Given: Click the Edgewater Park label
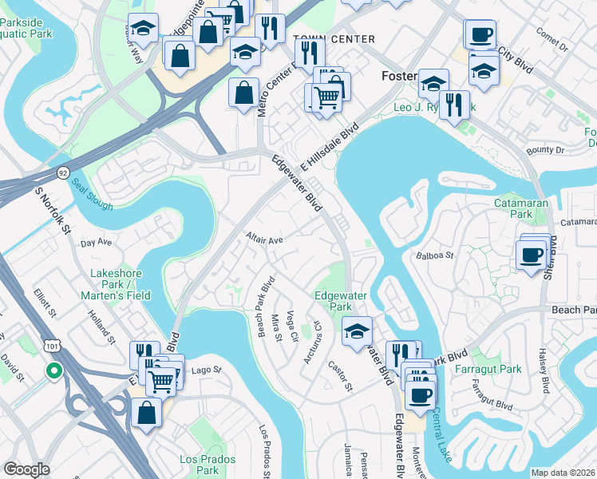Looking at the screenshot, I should (x=340, y=301).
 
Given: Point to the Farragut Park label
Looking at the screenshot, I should (x=488, y=369).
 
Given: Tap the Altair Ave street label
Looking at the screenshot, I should (x=265, y=239).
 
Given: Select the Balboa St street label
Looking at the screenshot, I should (x=434, y=256).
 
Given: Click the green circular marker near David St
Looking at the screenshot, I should (x=53, y=370).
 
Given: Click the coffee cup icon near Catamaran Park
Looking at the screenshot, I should (x=531, y=255).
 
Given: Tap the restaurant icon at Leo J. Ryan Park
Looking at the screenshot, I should (x=454, y=104).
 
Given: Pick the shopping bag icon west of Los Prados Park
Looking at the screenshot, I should (x=147, y=412).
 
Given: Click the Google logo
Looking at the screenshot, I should (x=26, y=469).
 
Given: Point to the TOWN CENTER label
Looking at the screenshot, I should (x=334, y=39).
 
